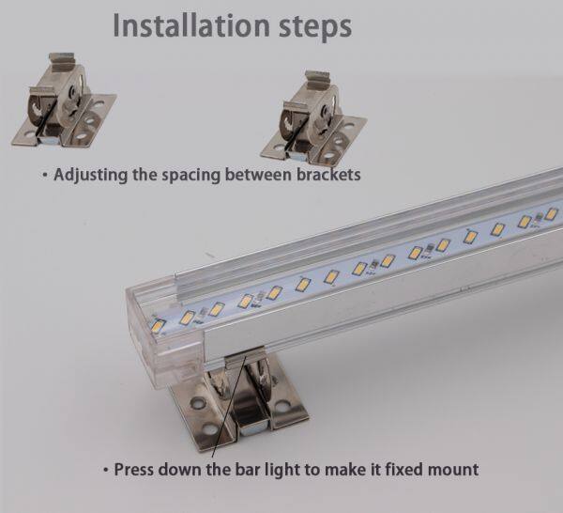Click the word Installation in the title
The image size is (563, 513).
[191, 25]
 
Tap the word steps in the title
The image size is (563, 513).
[315, 27]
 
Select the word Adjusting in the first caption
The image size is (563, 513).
[90, 176]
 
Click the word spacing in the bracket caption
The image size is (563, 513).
[191, 176]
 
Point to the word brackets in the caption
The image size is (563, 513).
[328, 175]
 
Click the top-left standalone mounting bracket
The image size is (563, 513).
[64, 101]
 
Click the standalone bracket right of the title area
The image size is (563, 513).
[313, 117]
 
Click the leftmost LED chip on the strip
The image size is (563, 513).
[158, 326]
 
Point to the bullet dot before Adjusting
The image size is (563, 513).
[45, 175]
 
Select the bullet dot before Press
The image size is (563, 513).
[105, 470]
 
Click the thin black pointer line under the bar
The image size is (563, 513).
[229, 406]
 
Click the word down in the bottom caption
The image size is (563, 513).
[180, 470]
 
